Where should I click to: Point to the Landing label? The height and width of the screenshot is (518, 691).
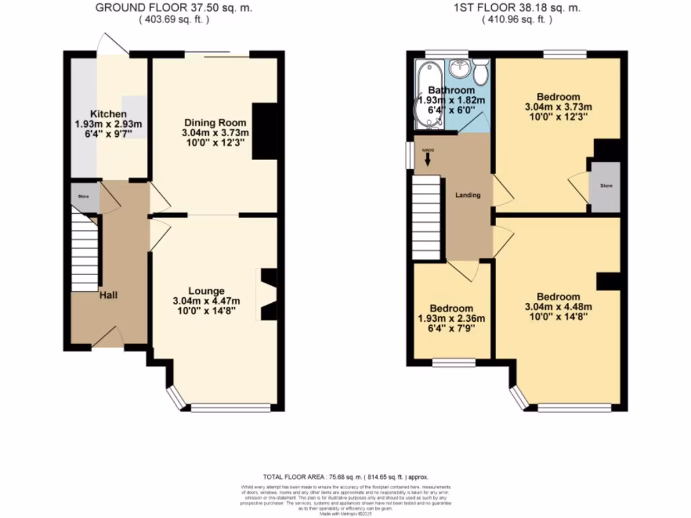[468, 195]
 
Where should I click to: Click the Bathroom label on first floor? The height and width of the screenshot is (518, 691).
[451, 90]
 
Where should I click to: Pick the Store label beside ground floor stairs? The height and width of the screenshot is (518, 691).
[84, 196]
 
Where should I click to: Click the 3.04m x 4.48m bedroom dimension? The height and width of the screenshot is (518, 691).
[558, 308]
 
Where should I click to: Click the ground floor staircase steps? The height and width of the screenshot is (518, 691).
[85, 253]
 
